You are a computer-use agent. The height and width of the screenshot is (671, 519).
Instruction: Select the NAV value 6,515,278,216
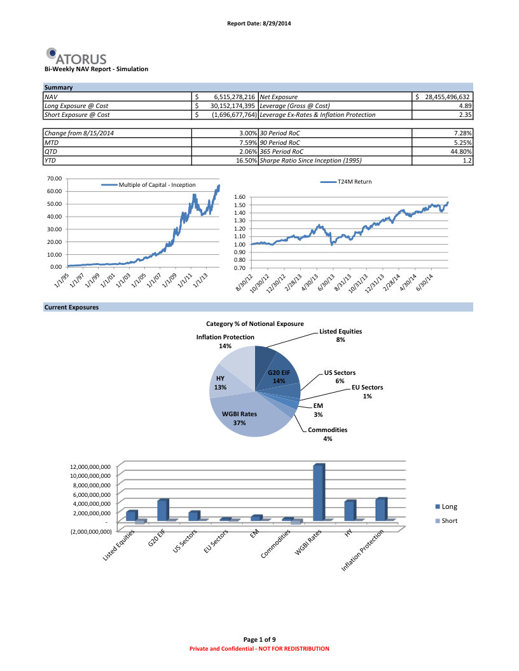click(x=230, y=97)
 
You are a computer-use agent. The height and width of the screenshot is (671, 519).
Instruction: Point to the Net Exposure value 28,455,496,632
click(x=443, y=97)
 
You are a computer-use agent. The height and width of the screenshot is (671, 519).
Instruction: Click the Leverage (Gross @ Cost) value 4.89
click(x=464, y=105)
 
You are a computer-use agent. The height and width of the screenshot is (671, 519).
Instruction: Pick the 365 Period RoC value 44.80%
click(x=460, y=152)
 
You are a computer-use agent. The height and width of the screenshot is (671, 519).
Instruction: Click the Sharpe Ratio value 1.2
click(x=467, y=161)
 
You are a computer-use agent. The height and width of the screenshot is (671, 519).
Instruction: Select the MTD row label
click(x=51, y=143)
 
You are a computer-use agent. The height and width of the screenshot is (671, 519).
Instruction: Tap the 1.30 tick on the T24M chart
click(x=239, y=220)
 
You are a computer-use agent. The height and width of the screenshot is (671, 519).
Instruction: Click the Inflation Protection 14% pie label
click(x=225, y=341)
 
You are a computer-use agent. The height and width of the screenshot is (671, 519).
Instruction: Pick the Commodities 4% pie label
click(x=327, y=434)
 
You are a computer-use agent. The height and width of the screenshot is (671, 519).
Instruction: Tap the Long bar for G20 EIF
click(x=162, y=510)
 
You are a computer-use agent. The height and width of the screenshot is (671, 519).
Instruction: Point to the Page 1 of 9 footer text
click(x=259, y=639)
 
